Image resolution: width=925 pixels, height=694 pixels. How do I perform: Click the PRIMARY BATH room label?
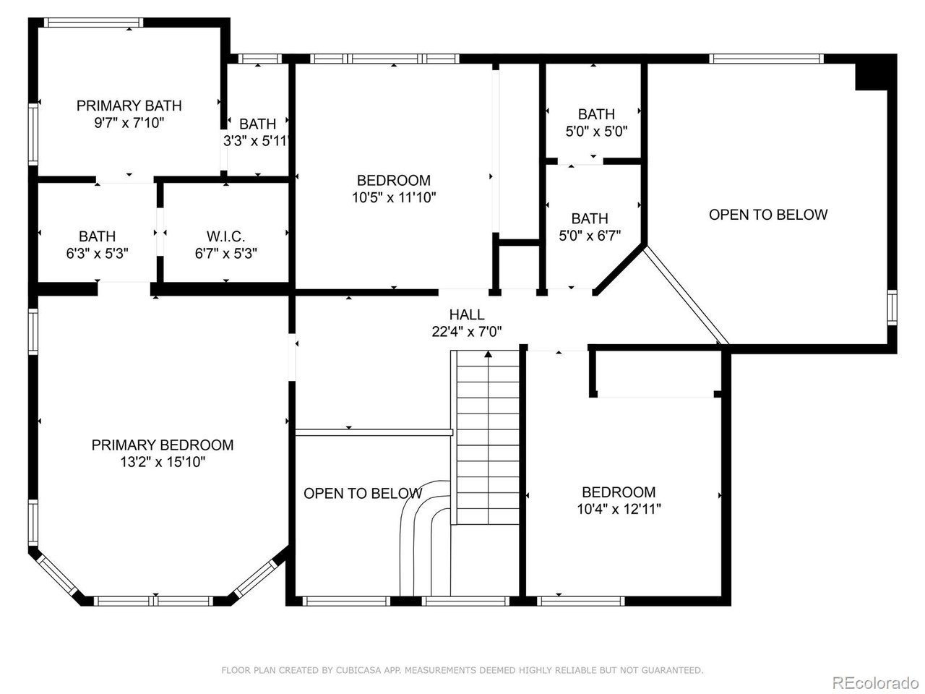129,106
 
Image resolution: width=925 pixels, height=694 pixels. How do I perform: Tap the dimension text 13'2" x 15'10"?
163,463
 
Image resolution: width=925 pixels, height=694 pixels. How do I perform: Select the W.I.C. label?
225,236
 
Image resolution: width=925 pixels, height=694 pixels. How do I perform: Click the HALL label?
467,314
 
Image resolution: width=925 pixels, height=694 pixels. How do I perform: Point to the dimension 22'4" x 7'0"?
467,332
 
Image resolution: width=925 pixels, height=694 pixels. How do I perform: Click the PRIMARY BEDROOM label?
163,445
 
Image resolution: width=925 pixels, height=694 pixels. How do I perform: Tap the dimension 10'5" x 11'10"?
394,197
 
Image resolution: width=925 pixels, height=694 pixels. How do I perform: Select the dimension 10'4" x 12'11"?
619,509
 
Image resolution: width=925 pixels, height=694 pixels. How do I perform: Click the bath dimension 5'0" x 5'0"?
596,132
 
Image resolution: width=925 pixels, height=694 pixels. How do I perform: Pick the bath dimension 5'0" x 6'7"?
590,236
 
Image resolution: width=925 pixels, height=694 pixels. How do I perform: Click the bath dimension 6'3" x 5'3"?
97,254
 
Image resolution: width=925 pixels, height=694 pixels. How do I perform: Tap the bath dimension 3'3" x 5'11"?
257,141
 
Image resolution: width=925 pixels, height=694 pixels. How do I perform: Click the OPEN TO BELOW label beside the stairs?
362,494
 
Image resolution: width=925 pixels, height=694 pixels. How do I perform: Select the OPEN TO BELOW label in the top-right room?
767,215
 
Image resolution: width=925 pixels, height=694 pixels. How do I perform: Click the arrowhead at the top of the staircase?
489,354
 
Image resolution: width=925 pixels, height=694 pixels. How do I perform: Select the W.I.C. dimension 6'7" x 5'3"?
225,254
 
